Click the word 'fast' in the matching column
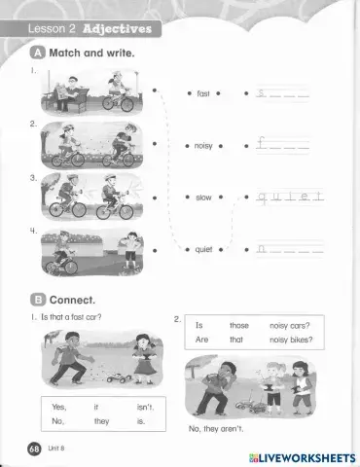click(x=203, y=93)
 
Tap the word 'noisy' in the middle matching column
click(x=203, y=146)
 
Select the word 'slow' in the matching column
click(x=203, y=198)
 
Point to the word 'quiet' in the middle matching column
click(x=203, y=250)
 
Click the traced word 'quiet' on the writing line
click(x=289, y=197)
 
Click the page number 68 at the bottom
click(x=34, y=447)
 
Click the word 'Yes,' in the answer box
click(x=58, y=406)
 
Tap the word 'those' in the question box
click(x=238, y=325)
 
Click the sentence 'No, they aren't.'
click(x=217, y=428)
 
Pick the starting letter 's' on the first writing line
click(x=260, y=93)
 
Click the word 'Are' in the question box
click(x=202, y=340)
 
